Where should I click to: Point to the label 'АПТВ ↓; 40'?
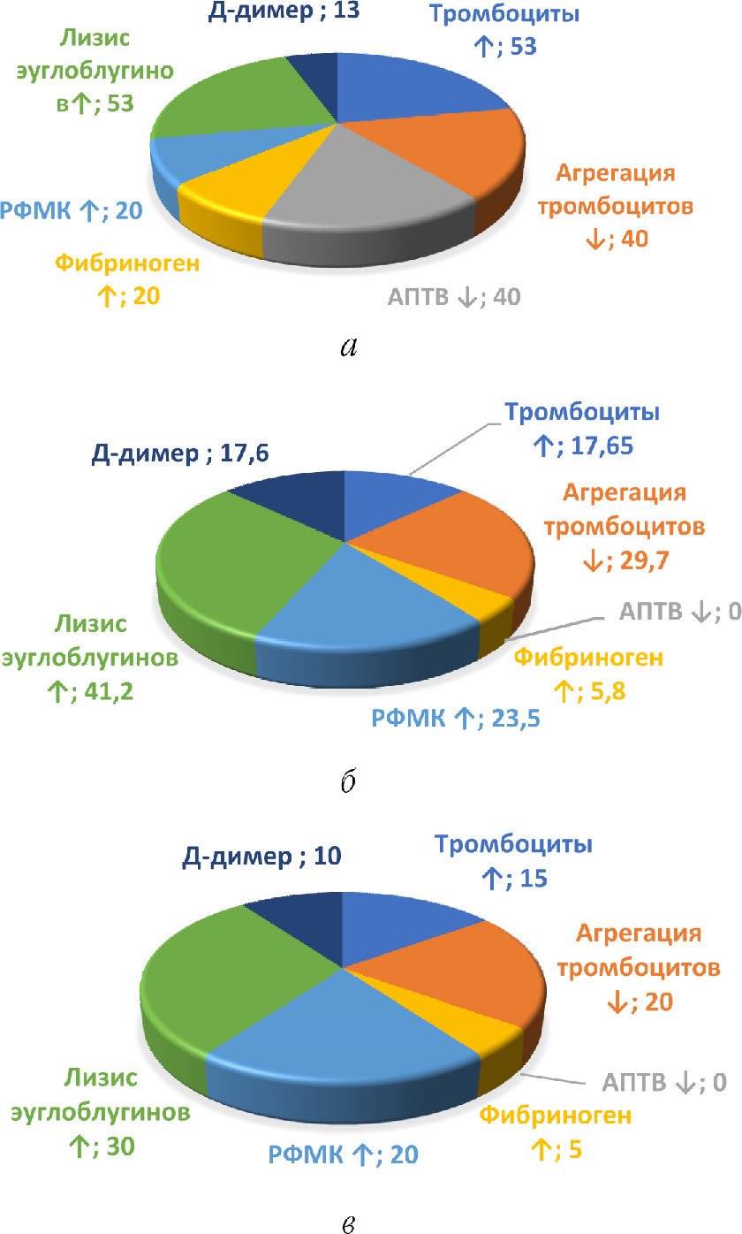tap(454, 297)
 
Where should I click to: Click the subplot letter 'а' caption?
tap(348, 347)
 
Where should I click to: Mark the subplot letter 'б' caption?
tap(348, 783)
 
